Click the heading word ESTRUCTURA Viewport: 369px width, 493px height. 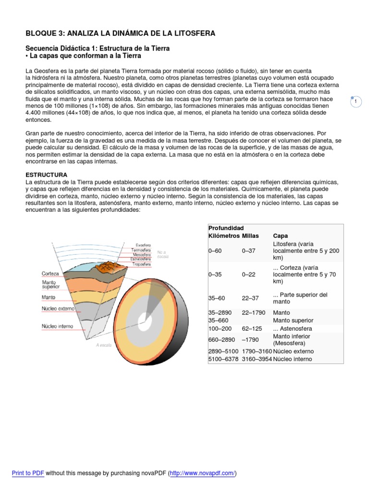tap(46, 174)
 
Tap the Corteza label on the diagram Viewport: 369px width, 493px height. tap(50, 273)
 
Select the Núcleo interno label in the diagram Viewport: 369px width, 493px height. tap(57, 326)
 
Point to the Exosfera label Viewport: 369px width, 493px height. tap(143, 245)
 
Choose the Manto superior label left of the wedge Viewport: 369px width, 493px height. tap(50, 285)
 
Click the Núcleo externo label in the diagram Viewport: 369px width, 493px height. tap(58, 308)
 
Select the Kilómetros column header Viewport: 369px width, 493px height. tap(224, 236)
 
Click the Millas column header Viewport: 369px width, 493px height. tap(250, 236)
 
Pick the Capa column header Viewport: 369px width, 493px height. tap(281, 236)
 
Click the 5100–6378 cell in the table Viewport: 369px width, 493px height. tap(223, 359)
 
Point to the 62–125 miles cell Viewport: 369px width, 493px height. tap(252, 328)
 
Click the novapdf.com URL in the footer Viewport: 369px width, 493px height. tap(202, 473)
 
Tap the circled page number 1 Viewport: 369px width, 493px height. tap(356, 102)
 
